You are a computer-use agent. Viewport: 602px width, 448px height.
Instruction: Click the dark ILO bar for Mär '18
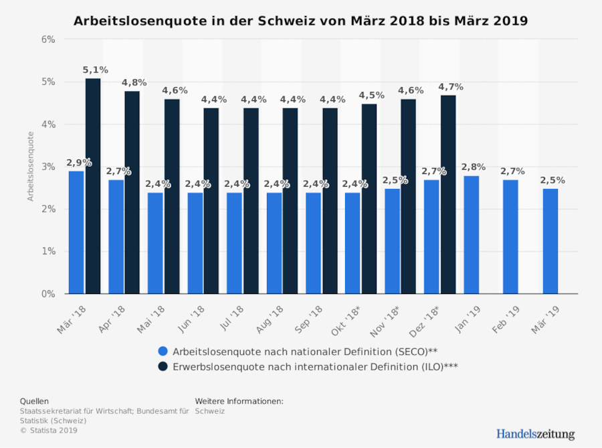tap(93, 186)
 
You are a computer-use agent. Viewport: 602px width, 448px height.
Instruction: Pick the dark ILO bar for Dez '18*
tap(447, 194)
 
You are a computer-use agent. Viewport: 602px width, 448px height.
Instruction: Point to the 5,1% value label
tap(95, 70)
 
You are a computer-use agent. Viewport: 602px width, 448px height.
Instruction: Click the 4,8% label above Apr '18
tap(134, 82)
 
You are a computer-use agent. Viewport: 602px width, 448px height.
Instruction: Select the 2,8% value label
tap(474, 167)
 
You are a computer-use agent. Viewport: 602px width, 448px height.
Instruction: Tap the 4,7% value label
tap(450, 87)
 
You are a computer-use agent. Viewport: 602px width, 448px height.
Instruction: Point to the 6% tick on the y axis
tap(48, 40)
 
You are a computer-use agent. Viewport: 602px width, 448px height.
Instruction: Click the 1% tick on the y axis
tap(48, 251)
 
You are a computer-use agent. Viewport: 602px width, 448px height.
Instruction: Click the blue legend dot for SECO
tap(163, 351)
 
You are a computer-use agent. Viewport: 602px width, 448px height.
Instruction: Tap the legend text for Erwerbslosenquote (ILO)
tap(315, 366)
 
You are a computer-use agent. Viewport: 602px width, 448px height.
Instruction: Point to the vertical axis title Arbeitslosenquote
tap(30, 166)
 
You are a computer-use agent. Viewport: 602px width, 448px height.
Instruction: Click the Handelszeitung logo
tap(535, 434)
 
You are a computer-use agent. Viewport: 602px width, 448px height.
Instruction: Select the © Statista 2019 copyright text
tap(49, 431)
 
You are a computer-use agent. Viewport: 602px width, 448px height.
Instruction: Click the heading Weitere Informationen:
tap(239, 401)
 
